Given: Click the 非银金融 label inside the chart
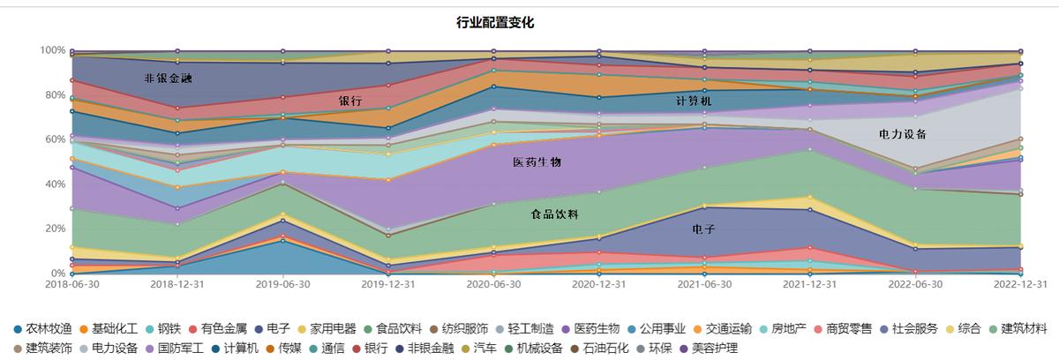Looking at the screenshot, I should [x=169, y=79].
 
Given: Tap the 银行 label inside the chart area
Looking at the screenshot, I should [x=350, y=101].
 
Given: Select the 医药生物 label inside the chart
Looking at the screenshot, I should [x=537, y=162].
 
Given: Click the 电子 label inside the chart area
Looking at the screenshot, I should [x=703, y=229].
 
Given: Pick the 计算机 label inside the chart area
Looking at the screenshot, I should [x=694, y=101].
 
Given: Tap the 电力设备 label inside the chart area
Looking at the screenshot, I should [x=902, y=134].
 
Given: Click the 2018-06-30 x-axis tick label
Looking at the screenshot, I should [x=71, y=284].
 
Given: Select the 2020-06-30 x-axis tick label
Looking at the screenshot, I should [x=493, y=284].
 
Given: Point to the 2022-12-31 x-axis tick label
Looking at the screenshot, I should [x=1020, y=284].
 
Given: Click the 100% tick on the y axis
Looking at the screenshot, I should [x=53, y=50].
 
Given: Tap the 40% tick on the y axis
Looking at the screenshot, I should [x=55, y=184].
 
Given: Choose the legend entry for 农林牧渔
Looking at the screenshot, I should [x=44, y=328].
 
